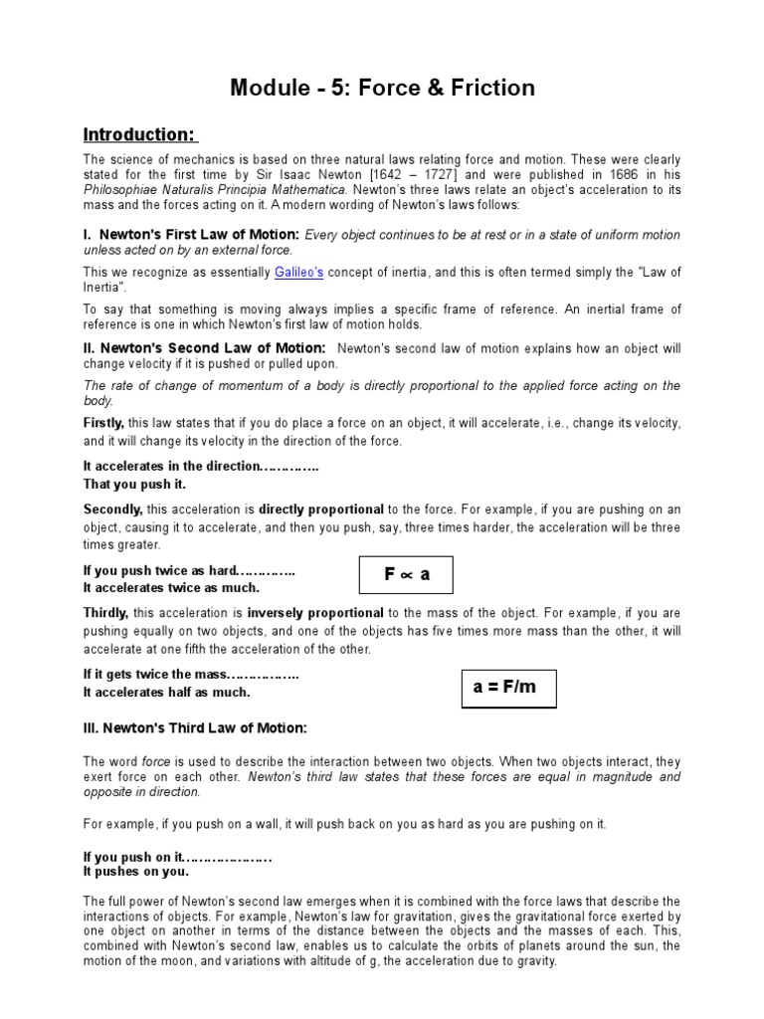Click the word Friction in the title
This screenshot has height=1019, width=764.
[x=488, y=88]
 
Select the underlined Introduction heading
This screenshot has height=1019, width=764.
[x=139, y=134]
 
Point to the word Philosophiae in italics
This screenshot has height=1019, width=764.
[x=122, y=189]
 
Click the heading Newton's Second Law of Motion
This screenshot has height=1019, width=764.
[x=204, y=348]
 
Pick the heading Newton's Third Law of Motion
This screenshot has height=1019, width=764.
[x=195, y=727]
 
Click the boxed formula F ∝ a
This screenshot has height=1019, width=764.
[x=406, y=574]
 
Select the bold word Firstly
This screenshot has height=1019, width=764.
[x=103, y=423]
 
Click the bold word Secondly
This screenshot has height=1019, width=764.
[x=112, y=509]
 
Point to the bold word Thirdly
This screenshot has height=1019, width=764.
[x=105, y=613]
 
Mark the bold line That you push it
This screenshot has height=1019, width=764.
[x=133, y=484]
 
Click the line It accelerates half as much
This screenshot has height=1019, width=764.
[x=166, y=692]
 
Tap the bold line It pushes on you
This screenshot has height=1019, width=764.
[x=135, y=872]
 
